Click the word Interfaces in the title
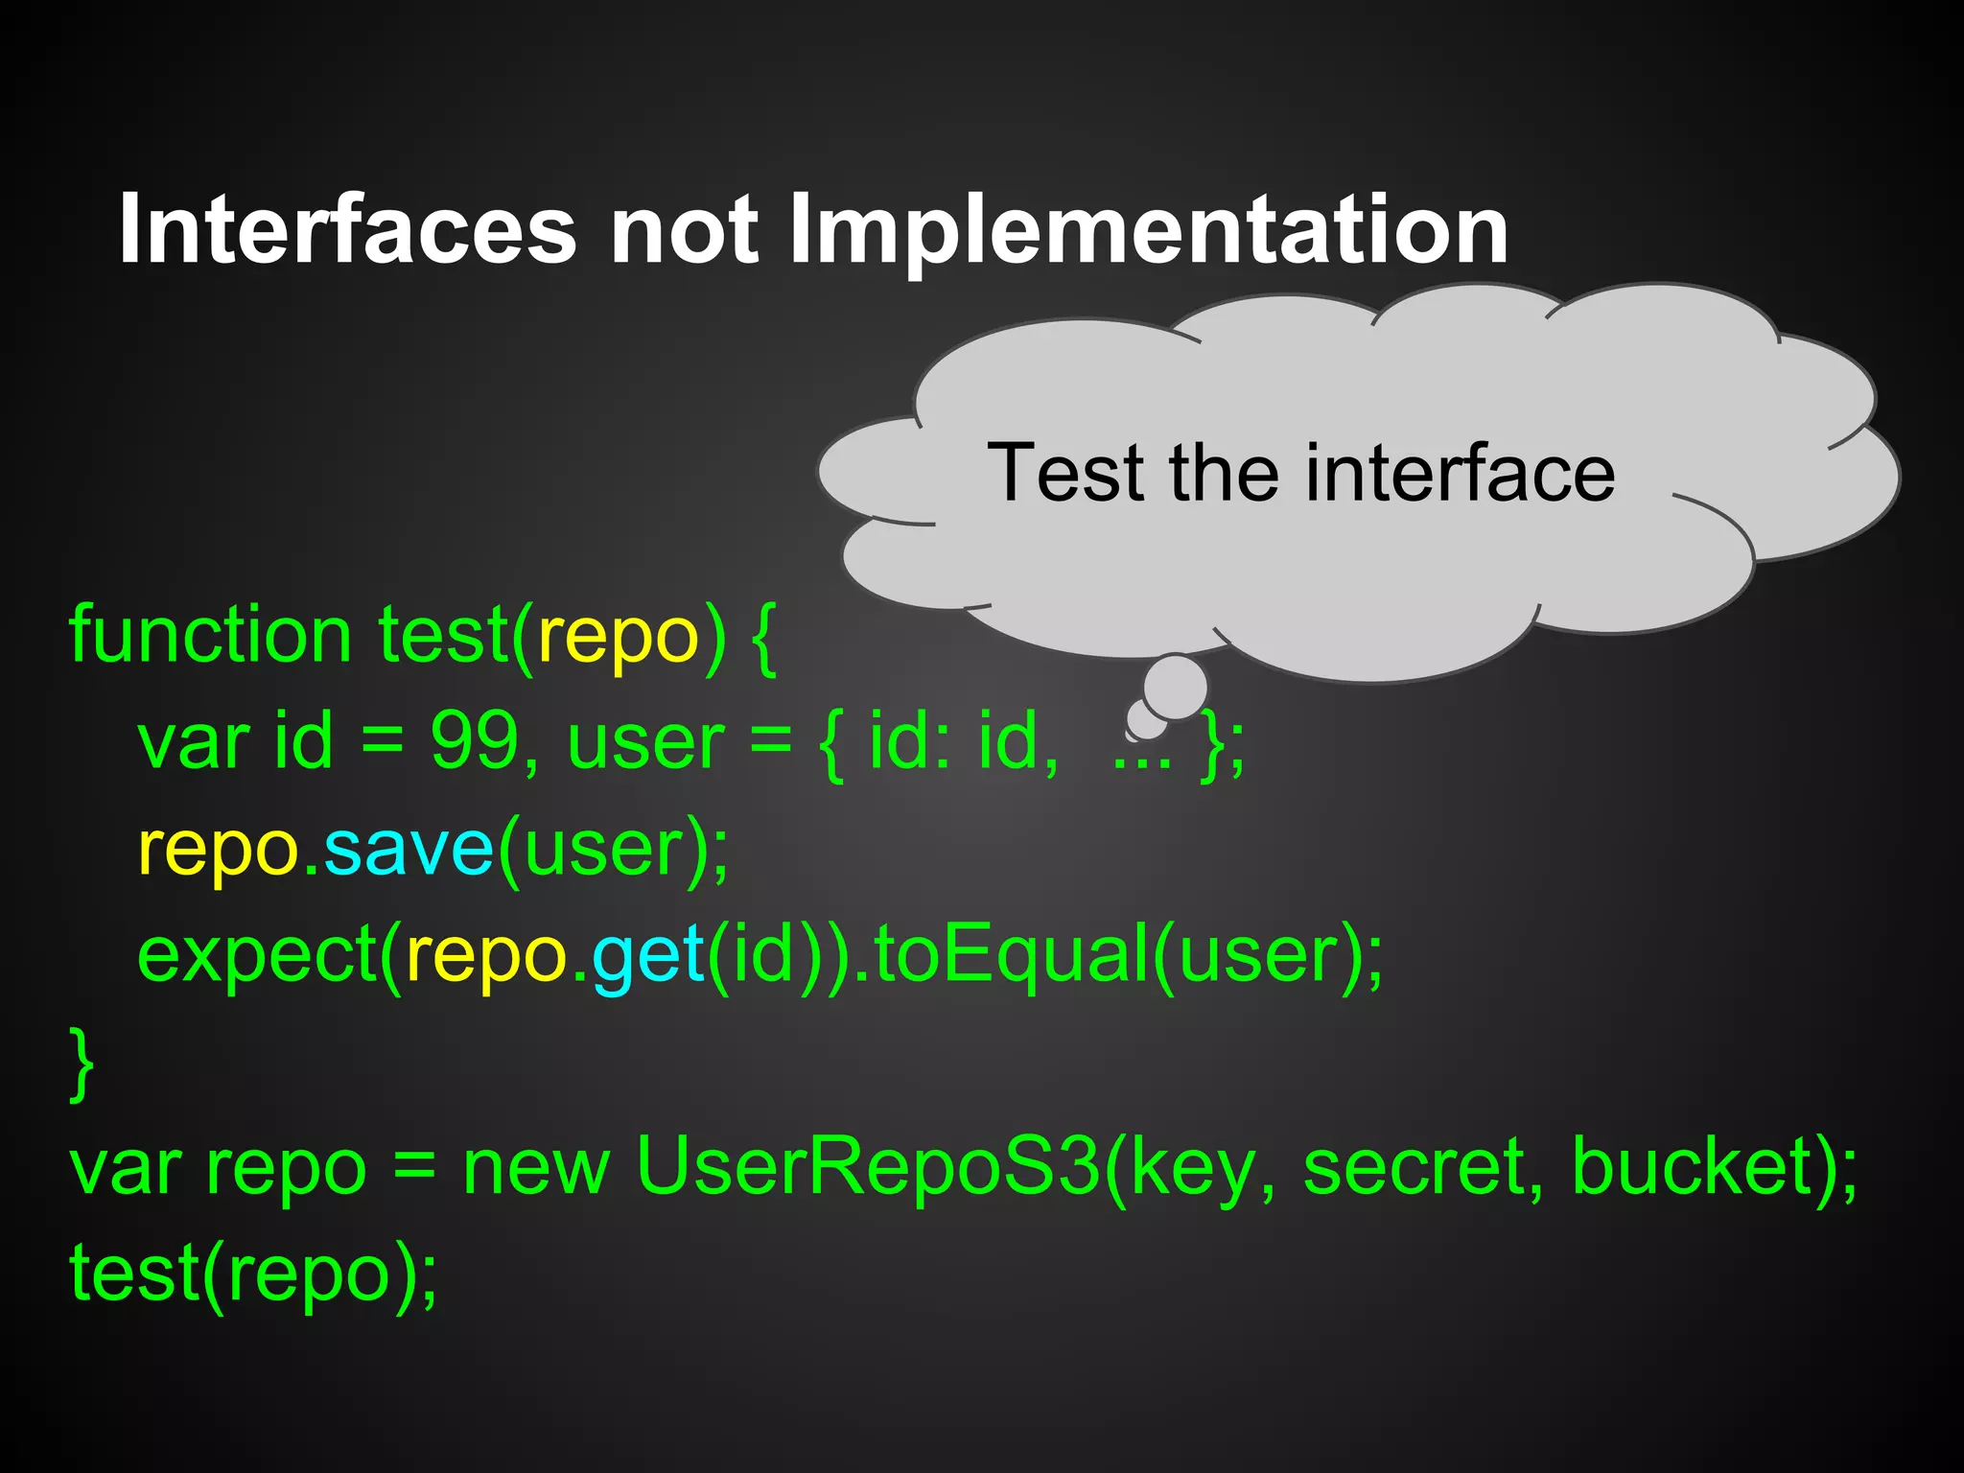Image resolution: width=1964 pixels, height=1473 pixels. (347, 230)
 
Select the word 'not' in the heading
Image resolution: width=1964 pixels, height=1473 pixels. (684, 230)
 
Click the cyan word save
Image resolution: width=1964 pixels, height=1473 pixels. (409, 848)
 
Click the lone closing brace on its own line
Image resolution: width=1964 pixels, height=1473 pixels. (82, 1063)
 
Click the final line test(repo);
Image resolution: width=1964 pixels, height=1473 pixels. (253, 1274)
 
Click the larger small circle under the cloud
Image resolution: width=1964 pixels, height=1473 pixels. (1175, 687)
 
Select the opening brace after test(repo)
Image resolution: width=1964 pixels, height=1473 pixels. (763, 637)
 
